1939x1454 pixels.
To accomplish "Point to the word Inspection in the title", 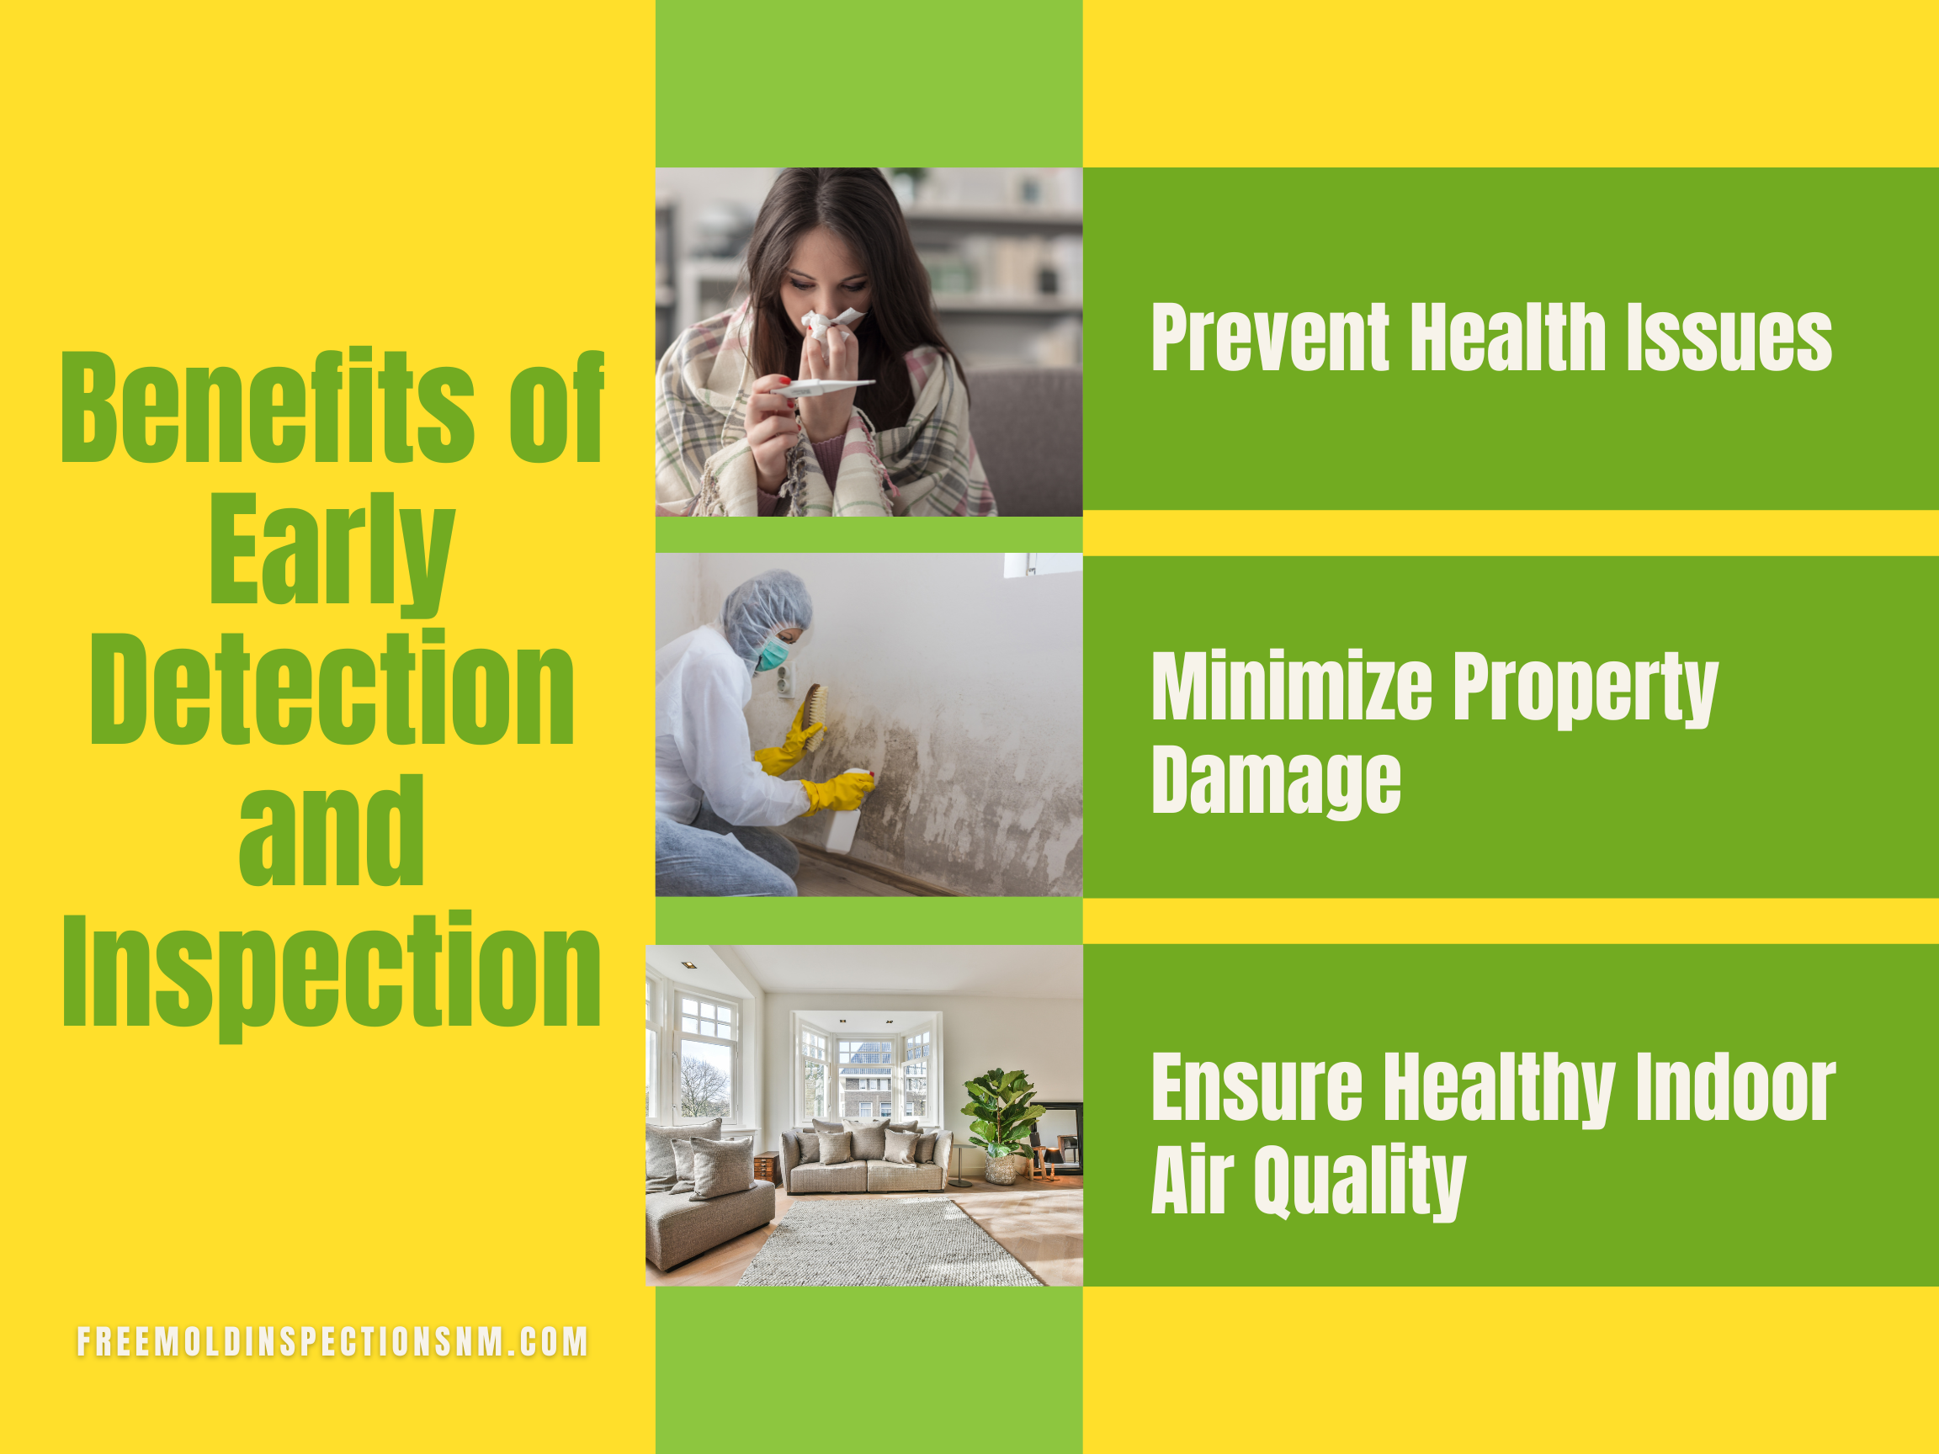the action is (332, 974).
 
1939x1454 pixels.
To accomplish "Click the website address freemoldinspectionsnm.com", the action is (332, 1342).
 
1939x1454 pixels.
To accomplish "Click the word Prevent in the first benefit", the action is (1270, 337).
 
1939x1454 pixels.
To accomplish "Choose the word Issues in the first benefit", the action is (1729, 337).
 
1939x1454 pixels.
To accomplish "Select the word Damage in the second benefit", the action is (1277, 782).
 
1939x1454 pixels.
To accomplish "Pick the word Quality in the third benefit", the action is (1360, 1183).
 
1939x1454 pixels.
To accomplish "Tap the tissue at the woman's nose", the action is (831, 322).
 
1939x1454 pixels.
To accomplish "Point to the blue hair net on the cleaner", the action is (764, 610).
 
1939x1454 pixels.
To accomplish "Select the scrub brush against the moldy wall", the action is (815, 716).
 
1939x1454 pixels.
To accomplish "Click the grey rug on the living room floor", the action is (890, 1242).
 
